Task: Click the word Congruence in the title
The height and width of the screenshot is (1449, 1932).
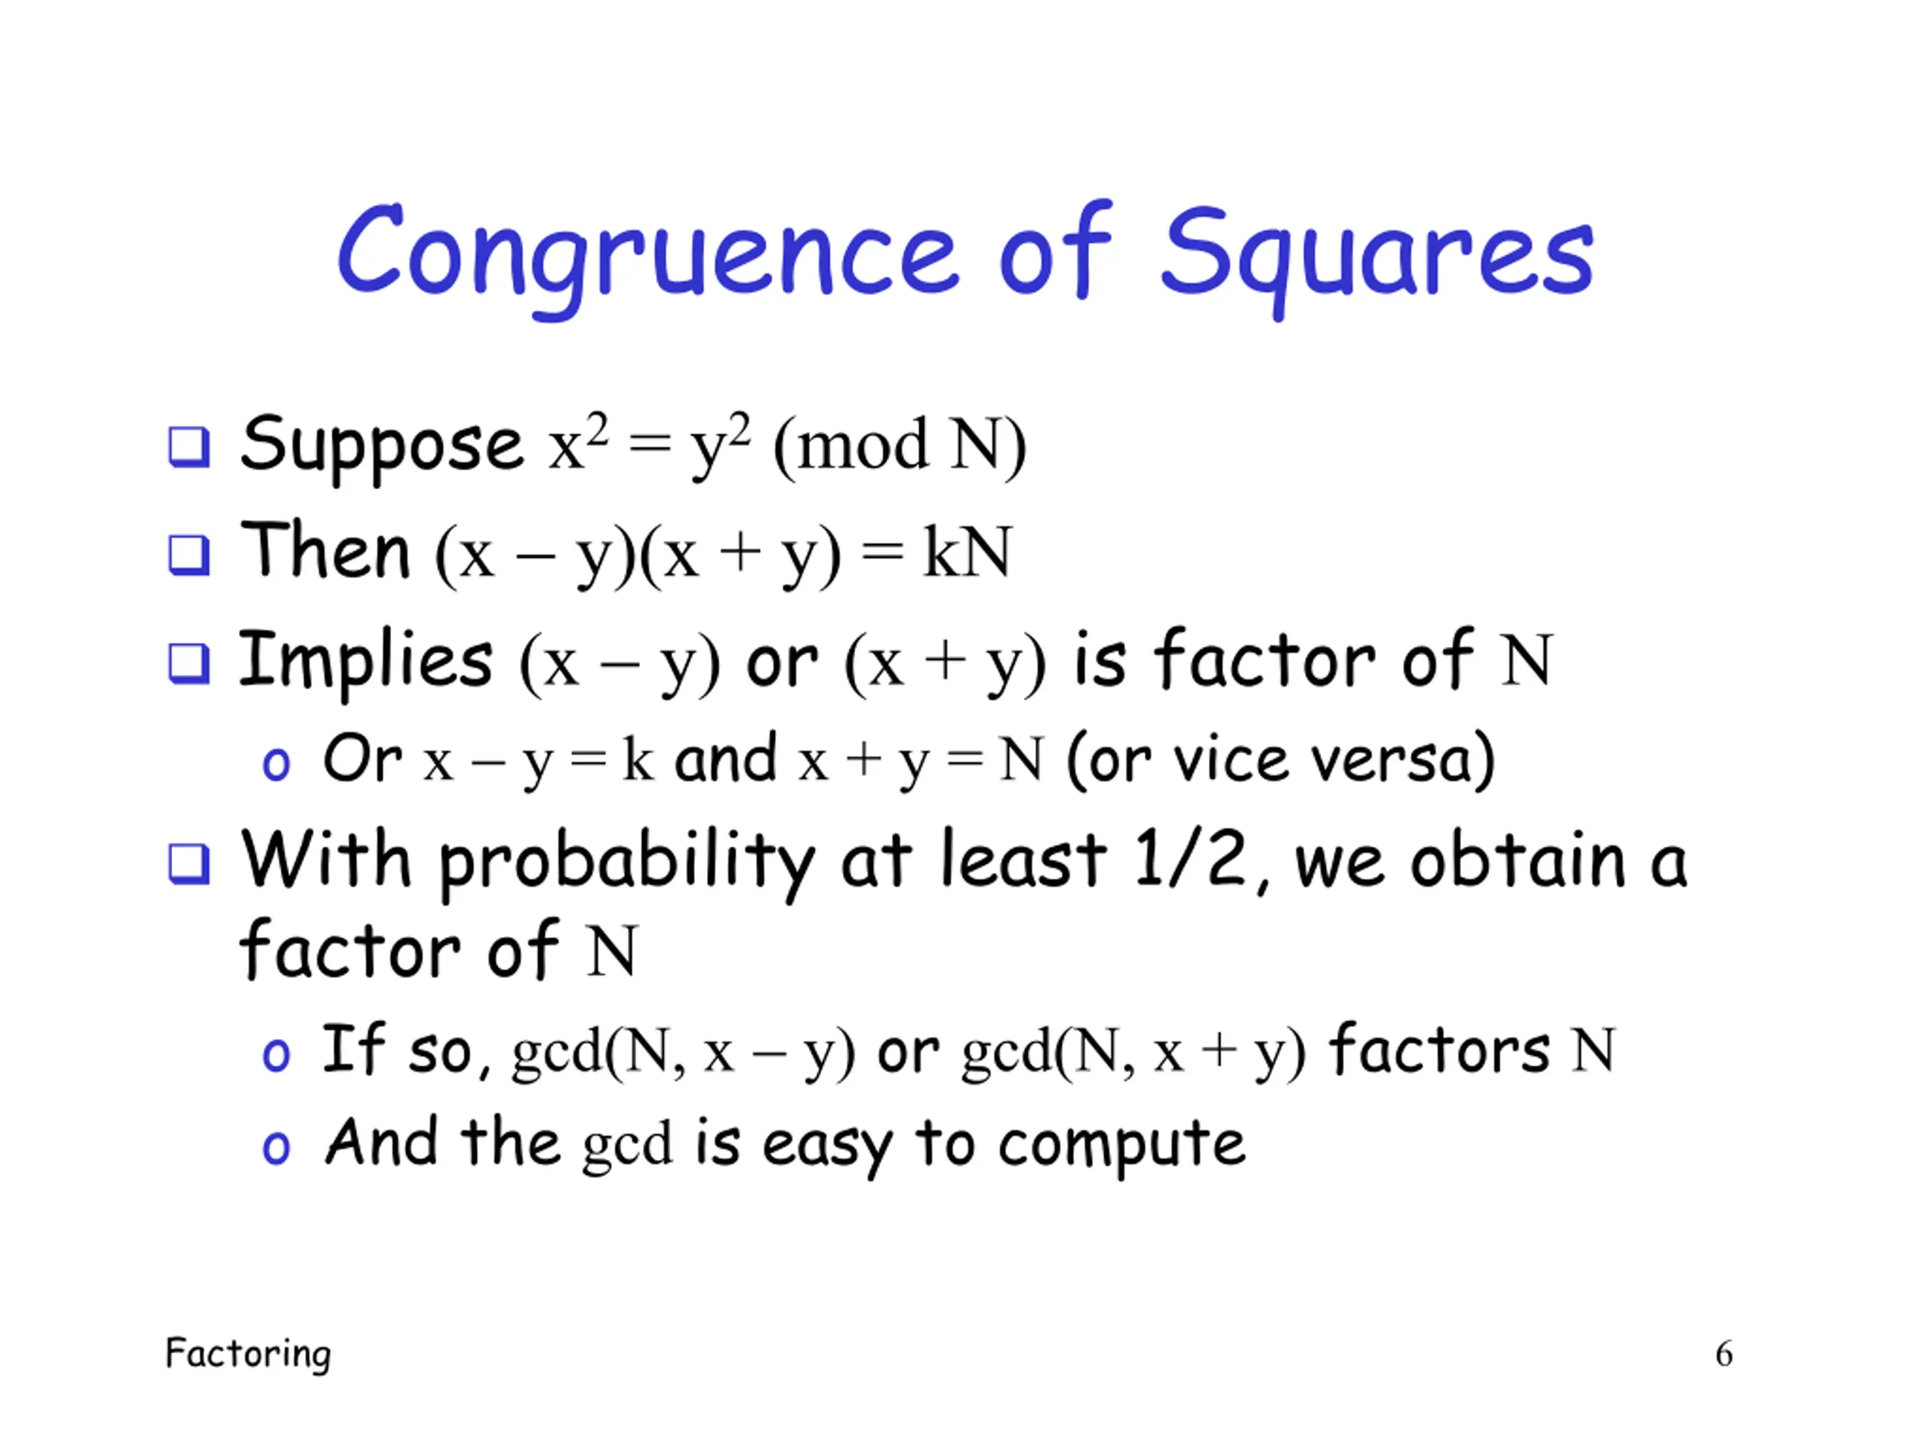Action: [x=649, y=255]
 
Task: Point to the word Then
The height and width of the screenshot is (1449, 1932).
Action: [x=325, y=549]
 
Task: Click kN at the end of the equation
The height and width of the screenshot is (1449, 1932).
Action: [x=968, y=552]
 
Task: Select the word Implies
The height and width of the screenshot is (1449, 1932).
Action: [x=366, y=661]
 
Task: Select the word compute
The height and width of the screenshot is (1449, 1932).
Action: [x=1121, y=1146]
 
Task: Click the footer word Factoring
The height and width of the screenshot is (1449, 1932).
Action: [x=248, y=1354]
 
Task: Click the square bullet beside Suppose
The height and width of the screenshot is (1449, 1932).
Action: [x=189, y=448]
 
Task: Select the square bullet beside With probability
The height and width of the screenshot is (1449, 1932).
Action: [x=189, y=864]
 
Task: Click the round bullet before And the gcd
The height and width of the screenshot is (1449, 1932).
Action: [x=276, y=1148]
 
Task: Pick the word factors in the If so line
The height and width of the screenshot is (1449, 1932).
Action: [x=1439, y=1048]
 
